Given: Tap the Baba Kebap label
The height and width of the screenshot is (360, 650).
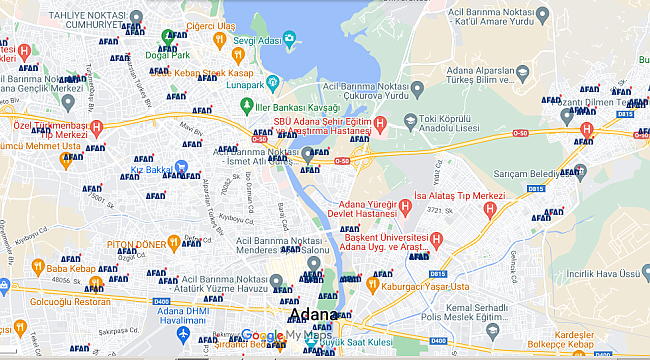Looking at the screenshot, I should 69,267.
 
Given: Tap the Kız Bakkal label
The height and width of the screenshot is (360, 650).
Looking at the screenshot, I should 152,169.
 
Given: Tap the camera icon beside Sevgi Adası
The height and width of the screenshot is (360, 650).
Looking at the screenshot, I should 290,40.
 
